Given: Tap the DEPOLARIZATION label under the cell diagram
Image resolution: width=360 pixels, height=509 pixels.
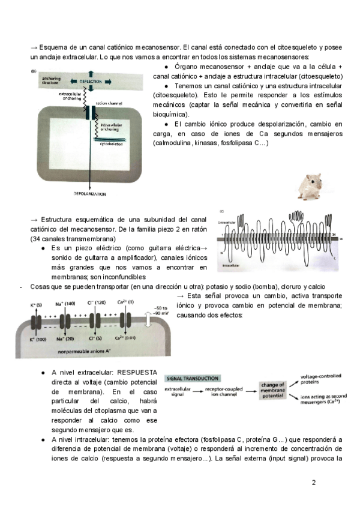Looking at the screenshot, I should [x=89, y=194].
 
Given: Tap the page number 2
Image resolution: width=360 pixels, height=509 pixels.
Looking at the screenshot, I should [x=313, y=482].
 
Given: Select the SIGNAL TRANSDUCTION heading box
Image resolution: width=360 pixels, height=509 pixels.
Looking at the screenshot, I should [x=191, y=379].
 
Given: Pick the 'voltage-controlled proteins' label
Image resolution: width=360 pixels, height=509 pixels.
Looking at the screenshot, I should [x=321, y=379].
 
